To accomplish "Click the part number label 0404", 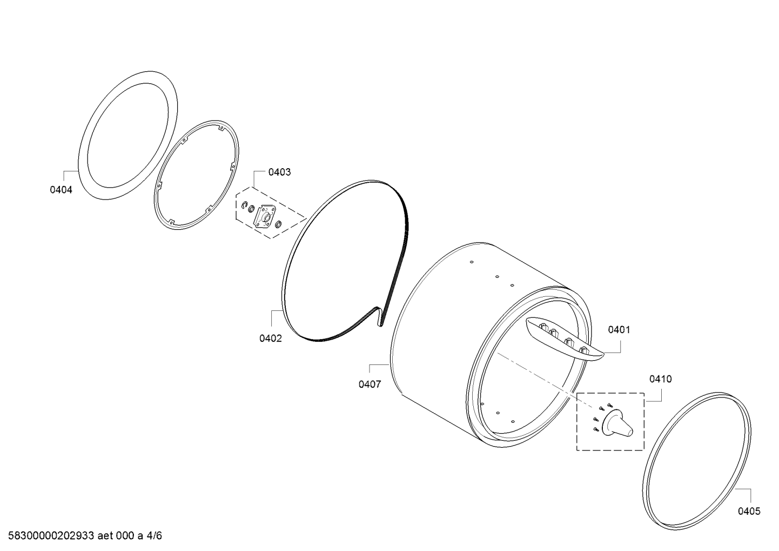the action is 61,190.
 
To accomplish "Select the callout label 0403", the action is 279,172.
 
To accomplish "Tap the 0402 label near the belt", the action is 271,338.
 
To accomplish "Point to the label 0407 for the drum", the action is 370,384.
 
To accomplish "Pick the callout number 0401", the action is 619,330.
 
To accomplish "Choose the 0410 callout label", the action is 660,379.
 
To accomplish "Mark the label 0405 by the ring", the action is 749,512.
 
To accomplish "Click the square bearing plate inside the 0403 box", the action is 264,216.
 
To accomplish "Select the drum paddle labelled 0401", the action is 563,339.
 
